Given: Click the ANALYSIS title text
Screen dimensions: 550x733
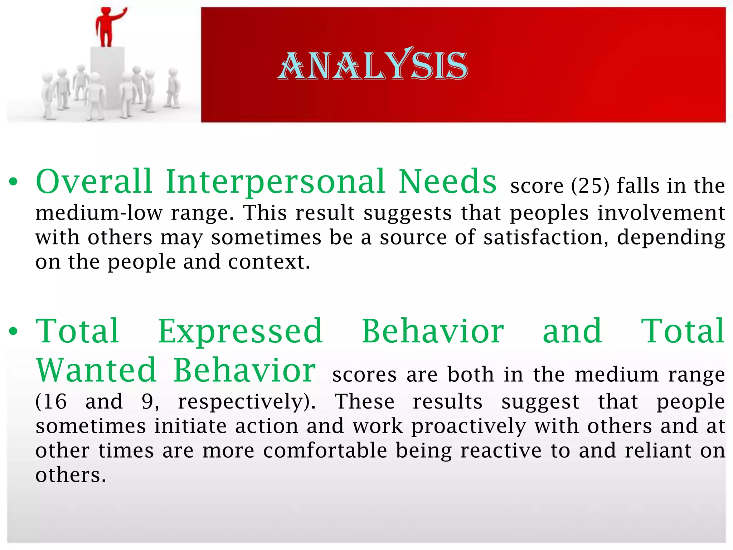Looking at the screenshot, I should coord(373,65).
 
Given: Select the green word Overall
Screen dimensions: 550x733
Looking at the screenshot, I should coord(94,182).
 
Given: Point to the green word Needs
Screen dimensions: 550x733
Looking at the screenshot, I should coord(447,182).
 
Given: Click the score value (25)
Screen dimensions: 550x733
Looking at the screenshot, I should coord(590,186).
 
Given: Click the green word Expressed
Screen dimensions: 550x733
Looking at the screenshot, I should coord(241,332).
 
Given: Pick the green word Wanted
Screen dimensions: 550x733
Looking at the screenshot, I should coord(96,370).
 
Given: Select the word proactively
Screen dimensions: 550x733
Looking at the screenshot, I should coord(469,426).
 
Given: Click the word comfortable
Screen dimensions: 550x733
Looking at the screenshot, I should coord(325,450).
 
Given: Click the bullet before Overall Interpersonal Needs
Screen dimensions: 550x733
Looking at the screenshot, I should coord(14,182).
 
